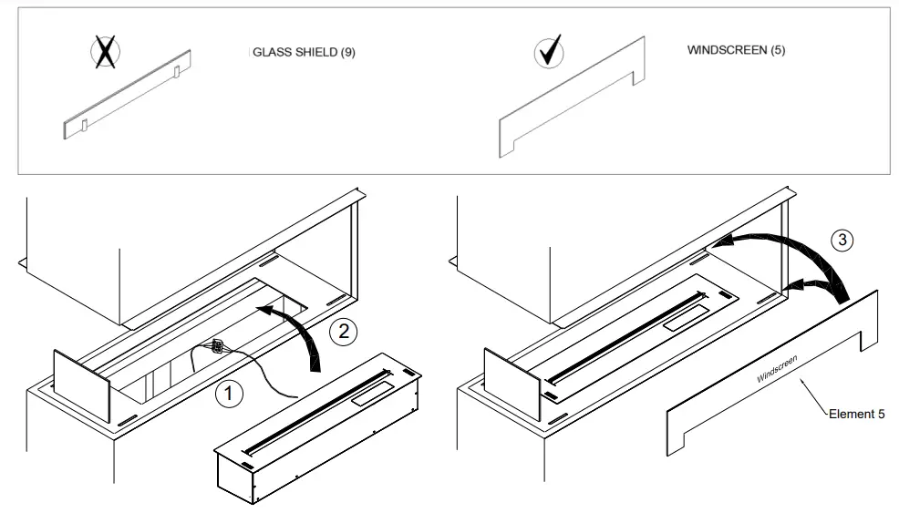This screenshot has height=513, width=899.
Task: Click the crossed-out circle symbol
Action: tap(106, 53)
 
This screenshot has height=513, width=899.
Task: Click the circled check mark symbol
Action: tap(548, 53)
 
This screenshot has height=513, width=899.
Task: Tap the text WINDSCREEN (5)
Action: tap(736, 50)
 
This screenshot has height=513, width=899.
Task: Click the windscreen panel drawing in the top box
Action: tap(571, 98)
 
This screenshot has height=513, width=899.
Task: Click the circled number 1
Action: tap(230, 395)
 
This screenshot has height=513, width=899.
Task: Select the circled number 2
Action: tap(343, 331)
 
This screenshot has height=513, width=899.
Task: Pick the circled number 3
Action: tap(842, 241)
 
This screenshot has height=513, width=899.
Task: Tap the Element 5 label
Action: tap(856, 415)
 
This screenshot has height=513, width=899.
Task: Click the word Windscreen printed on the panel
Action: tap(777, 368)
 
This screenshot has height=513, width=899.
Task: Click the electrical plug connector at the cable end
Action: tap(217, 346)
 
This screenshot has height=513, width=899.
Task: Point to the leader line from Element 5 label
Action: tap(813, 398)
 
